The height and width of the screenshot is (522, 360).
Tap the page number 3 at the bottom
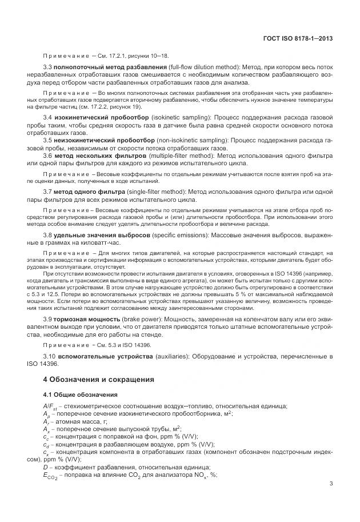pyautogui.click(x=331, y=500)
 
